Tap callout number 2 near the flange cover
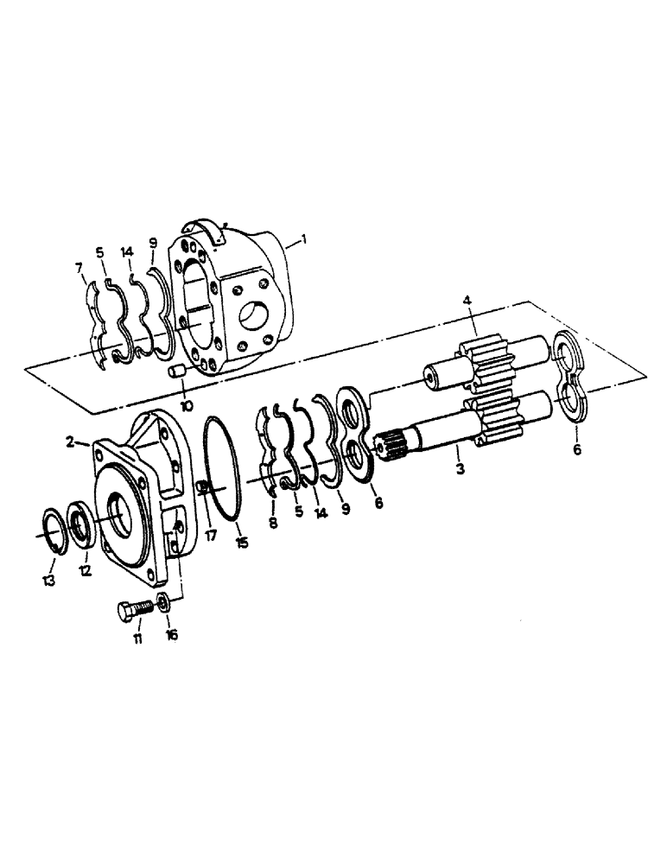coord(71,442)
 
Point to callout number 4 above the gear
coord(467,302)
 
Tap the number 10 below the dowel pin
coord(187,405)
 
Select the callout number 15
coord(242,543)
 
